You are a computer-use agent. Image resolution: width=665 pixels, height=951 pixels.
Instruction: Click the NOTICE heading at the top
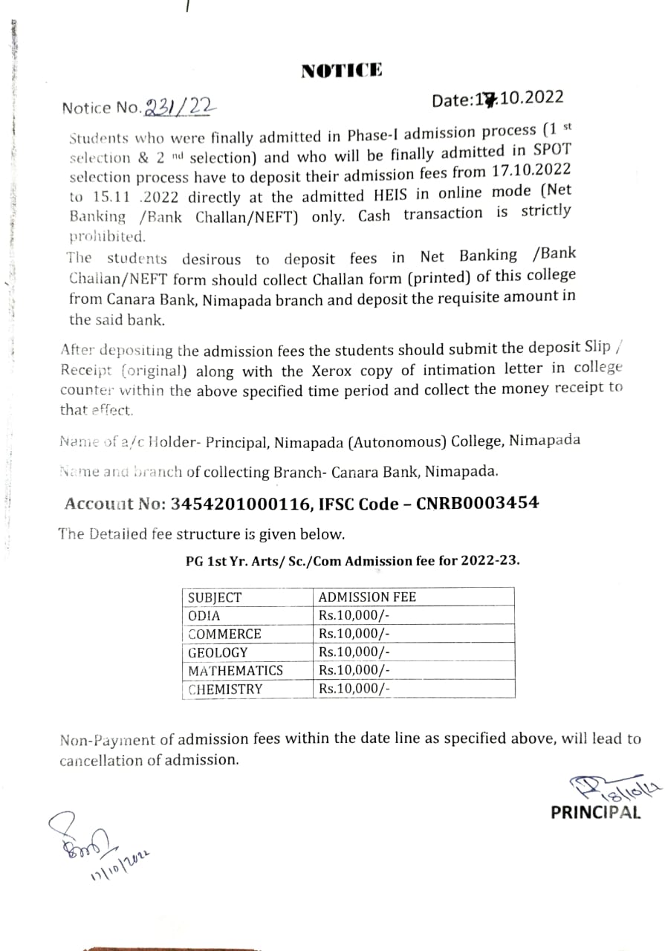(342, 71)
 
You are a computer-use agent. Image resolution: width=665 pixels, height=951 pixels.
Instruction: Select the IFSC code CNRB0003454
(477, 503)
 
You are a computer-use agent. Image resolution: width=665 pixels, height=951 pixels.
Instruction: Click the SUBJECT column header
(215, 597)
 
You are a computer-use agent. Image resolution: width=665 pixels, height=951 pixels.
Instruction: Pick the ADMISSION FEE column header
(367, 597)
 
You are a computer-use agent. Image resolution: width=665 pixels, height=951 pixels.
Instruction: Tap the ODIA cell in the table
(204, 616)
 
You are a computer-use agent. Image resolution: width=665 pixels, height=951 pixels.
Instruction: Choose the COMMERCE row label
(224, 634)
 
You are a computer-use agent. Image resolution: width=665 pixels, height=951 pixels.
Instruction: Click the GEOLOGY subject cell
(218, 652)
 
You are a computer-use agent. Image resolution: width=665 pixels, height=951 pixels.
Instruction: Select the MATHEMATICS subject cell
(236, 671)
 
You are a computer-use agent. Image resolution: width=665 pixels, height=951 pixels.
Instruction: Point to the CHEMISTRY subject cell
(225, 689)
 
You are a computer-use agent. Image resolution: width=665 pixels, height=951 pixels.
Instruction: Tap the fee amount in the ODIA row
(354, 616)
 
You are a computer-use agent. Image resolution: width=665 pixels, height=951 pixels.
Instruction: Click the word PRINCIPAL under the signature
(595, 813)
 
